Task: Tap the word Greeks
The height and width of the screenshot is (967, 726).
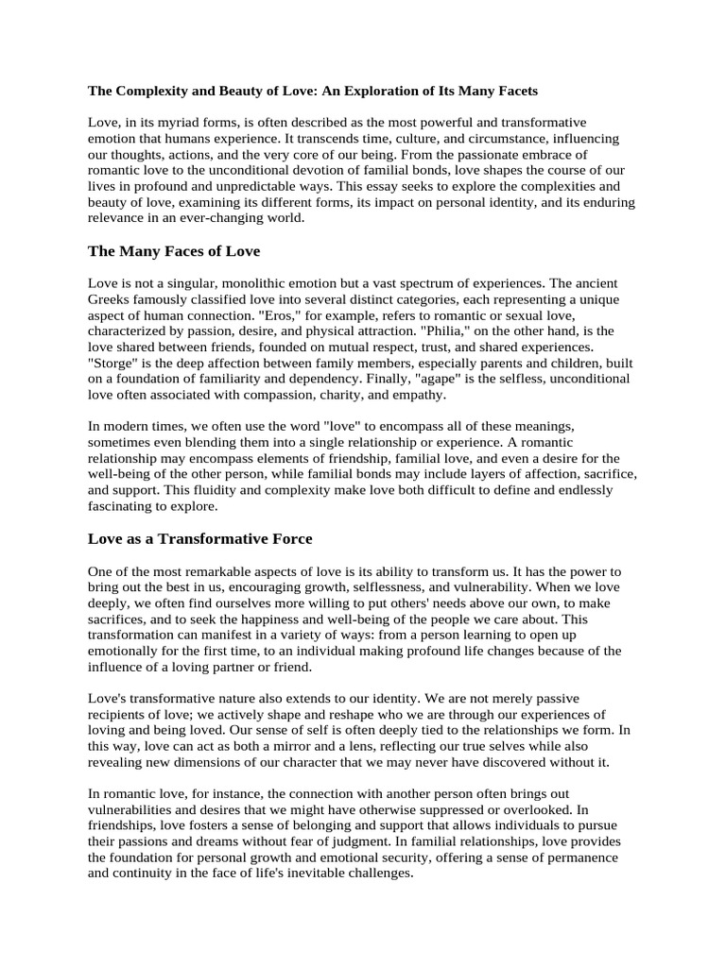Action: coord(112,299)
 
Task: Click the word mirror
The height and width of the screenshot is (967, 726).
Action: coord(282,746)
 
